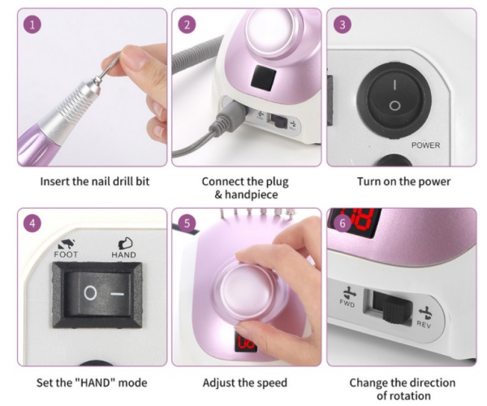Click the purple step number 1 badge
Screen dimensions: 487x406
pos(32,24)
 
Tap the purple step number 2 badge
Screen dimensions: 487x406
pos(187,24)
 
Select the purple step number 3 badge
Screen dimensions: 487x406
pos(343,24)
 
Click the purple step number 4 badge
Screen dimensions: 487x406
pos(32,223)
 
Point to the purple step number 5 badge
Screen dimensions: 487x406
pos(187,223)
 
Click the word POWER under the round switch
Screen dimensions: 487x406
pos(425,145)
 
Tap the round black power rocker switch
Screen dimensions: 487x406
pos(394,97)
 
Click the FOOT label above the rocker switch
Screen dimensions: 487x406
pos(66,255)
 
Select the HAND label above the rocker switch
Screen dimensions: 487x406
pos(123,255)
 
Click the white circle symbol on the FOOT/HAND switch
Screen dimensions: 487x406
pos(90,293)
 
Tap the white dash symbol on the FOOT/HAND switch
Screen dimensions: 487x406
pos(118,294)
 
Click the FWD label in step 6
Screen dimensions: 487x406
pos(347,304)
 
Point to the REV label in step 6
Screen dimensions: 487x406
pos(424,324)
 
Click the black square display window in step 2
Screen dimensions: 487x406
pos(263,78)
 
